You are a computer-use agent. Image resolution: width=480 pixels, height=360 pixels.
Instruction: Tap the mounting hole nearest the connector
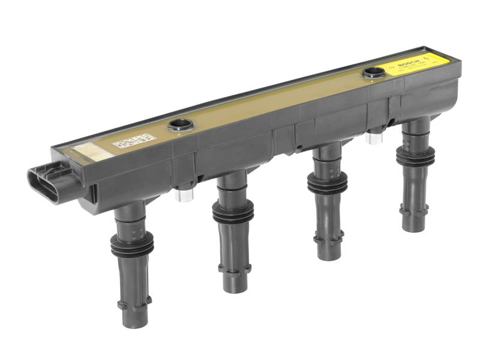[180, 125]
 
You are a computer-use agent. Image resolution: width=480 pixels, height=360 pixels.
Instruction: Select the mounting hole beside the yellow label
[373, 73]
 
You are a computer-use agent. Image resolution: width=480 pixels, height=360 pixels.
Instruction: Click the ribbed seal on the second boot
[233, 213]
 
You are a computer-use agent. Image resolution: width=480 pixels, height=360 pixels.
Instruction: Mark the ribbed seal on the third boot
[327, 182]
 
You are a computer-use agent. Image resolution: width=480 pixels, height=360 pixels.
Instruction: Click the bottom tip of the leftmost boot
[136, 321]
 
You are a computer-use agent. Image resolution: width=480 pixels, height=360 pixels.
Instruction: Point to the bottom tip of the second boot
[235, 287]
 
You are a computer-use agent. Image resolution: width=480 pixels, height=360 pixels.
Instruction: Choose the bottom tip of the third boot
[329, 254]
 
